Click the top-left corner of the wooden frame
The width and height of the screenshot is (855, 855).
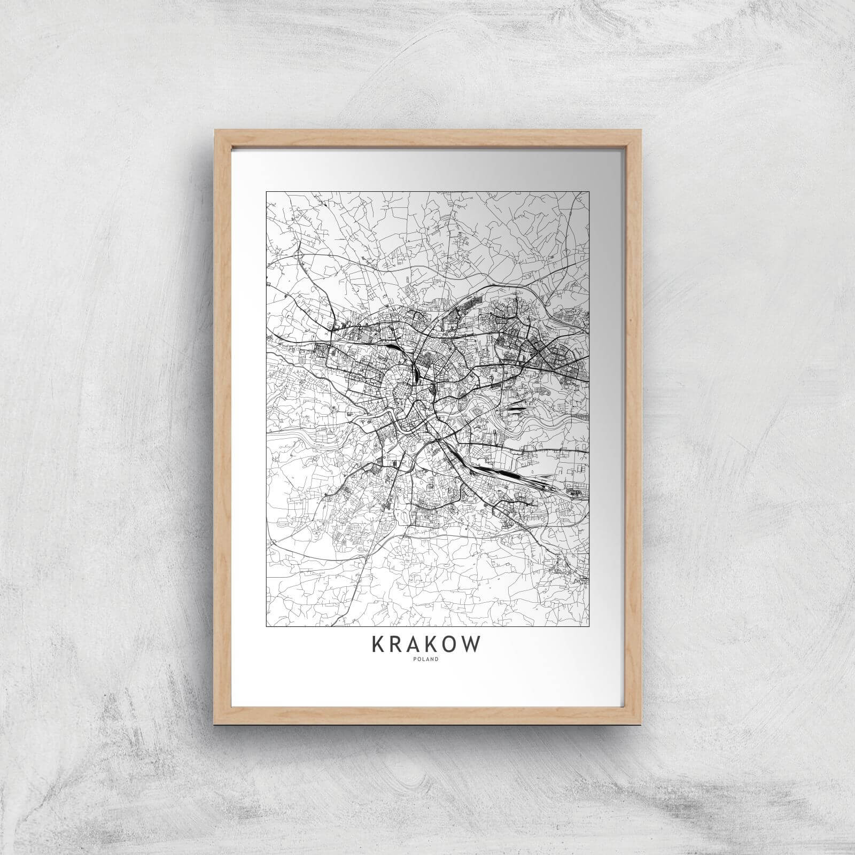click(x=215, y=128)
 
